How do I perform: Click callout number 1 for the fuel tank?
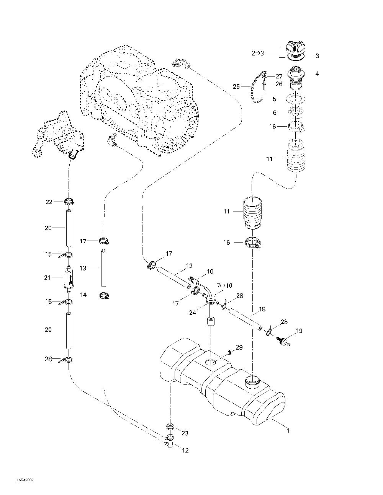click(288, 430)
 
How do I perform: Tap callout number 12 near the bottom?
click(185, 450)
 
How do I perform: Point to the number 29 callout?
click(239, 347)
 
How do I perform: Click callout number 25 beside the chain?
click(236, 87)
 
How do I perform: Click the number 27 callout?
click(279, 77)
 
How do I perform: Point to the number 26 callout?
click(279, 84)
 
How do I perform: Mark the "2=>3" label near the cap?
click(258, 54)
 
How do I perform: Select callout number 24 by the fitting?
click(193, 313)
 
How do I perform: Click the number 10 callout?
click(210, 272)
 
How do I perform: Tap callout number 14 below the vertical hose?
click(83, 295)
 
